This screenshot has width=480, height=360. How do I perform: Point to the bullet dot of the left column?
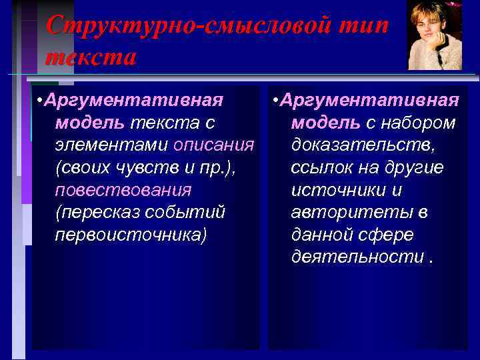(x=41, y=101)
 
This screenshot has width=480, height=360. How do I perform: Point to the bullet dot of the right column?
(x=276, y=101)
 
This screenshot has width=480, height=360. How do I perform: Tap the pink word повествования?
(x=123, y=190)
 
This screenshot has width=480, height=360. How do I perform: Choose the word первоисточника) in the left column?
(x=131, y=235)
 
